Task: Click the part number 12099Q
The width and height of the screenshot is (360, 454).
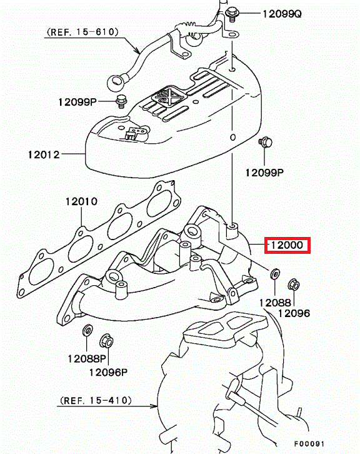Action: coord(282,14)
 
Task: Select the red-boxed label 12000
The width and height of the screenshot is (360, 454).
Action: coord(287,245)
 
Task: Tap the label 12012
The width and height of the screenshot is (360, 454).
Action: coord(44,154)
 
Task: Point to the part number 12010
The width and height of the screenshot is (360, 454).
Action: coord(81,201)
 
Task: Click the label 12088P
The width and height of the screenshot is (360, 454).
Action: coord(87,359)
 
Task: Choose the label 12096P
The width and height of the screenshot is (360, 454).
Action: coord(108,372)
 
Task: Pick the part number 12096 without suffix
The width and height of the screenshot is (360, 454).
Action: coord(294,313)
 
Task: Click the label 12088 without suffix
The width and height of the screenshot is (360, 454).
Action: coord(275,303)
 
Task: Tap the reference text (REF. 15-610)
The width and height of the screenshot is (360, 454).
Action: coord(82,32)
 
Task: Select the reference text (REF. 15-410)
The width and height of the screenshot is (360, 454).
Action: coord(96,400)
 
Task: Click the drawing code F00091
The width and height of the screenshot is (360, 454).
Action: coord(309,444)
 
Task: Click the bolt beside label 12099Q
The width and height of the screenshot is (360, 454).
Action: coord(231,14)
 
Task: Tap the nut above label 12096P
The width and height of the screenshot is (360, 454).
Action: coord(106,341)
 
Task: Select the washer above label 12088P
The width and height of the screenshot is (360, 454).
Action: coord(87,331)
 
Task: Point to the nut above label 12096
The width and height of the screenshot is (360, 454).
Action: coord(294,285)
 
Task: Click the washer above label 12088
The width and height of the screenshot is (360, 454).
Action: coord(275,274)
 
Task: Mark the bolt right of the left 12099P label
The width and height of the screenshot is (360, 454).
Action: coord(121,101)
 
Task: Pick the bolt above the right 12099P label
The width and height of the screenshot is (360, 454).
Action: coord(265,143)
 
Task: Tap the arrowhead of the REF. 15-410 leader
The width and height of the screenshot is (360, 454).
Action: coord(154,406)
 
